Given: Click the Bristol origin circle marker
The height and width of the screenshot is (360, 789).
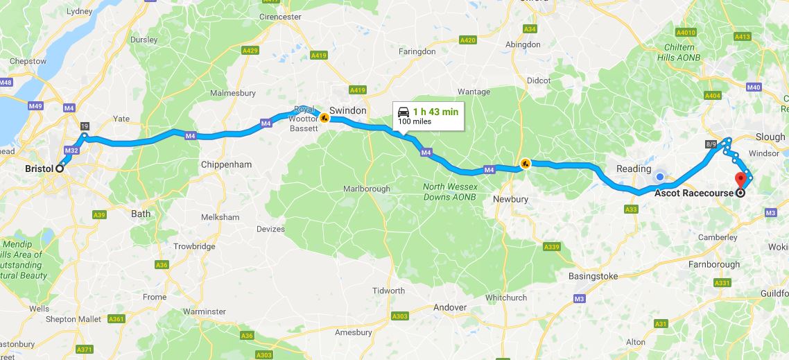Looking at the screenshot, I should coord(60,168).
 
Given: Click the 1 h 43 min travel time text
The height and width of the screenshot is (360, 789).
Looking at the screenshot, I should coord(435,112).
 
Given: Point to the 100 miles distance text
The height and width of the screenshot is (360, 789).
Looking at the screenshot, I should coord(414,122).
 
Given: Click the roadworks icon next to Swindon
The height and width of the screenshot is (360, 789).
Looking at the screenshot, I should coord(324,118).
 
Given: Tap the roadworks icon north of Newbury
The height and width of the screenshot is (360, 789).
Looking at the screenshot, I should coord(525,164).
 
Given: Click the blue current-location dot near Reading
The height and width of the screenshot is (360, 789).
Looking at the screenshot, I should coord(660,177).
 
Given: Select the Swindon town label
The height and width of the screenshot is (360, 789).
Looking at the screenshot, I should coord(347,110).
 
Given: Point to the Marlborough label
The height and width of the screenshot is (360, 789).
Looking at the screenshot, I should coord(367,189).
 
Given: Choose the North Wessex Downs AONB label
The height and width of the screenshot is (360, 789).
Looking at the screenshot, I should coord(450,191).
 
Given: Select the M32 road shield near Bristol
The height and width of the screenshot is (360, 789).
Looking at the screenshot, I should coord(71,150).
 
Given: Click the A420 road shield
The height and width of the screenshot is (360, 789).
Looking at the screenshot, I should coord(468,41).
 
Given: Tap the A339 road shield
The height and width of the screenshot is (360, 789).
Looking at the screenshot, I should coord(552,247).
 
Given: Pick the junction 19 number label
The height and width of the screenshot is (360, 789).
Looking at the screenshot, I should coord(85,126).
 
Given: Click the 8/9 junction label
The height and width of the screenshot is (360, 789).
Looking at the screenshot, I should coord(711,144).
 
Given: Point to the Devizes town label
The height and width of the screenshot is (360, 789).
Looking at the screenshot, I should coord(270,229).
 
